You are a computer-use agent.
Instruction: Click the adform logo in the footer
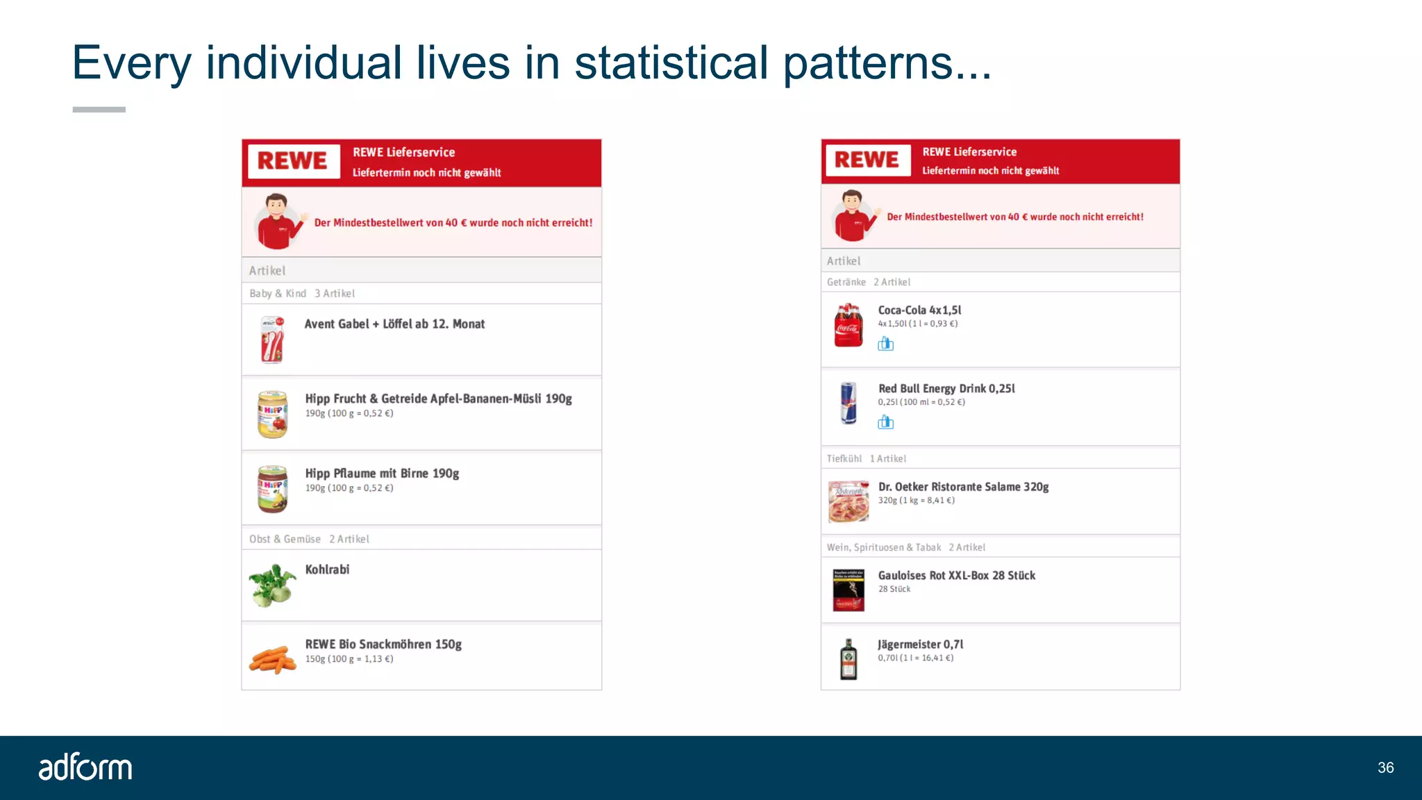coord(85,767)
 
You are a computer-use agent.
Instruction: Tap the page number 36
coord(1385,767)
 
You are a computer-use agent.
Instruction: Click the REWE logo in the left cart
coord(293,161)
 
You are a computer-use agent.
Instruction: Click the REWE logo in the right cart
coord(867,160)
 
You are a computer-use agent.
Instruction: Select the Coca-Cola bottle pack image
coord(848,325)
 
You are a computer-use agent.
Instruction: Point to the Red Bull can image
coord(848,403)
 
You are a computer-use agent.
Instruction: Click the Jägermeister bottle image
coord(848,659)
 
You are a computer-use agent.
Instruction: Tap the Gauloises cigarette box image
coord(848,590)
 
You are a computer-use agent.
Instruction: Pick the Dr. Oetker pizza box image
coord(848,501)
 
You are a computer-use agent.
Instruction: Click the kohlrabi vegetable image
coord(272,585)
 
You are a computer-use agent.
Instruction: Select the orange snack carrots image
coord(272,659)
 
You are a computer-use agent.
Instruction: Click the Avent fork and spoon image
coord(272,340)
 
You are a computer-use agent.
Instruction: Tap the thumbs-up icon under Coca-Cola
coord(885,344)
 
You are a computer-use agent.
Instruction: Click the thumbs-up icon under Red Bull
coord(885,422)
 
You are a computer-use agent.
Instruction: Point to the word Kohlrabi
coord(327,569)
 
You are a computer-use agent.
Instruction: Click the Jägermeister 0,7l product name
coord(920,644)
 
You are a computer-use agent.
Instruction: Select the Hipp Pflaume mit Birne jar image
coord(272,489)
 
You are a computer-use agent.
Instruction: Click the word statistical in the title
coord(671,62)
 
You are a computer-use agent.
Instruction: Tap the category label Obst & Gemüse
coord(285,539)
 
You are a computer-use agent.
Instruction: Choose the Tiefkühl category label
coord(844,458)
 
